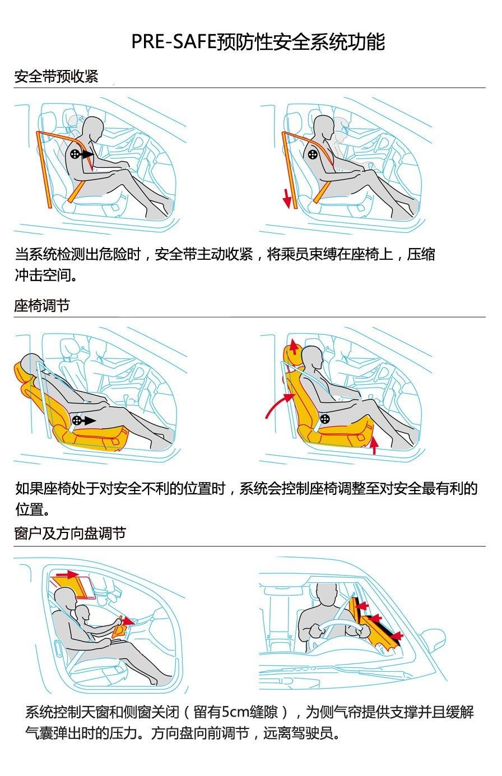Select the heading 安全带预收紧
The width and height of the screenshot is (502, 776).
click(57, 76)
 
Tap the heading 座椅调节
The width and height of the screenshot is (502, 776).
click(42, 306)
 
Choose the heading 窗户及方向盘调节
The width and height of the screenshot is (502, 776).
click(70, 534)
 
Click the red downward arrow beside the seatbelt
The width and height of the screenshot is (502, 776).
click(287, 199)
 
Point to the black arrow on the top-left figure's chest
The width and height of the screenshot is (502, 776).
click(87, 154)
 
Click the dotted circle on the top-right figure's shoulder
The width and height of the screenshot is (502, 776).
click(313, 154)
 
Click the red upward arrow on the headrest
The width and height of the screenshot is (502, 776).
click(294, 347)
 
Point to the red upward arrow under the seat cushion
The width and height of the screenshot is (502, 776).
click(373, 445)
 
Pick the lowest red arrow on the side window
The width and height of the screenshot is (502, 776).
click(397, 635)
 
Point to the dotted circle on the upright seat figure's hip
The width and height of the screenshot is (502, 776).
click(325, 419)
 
